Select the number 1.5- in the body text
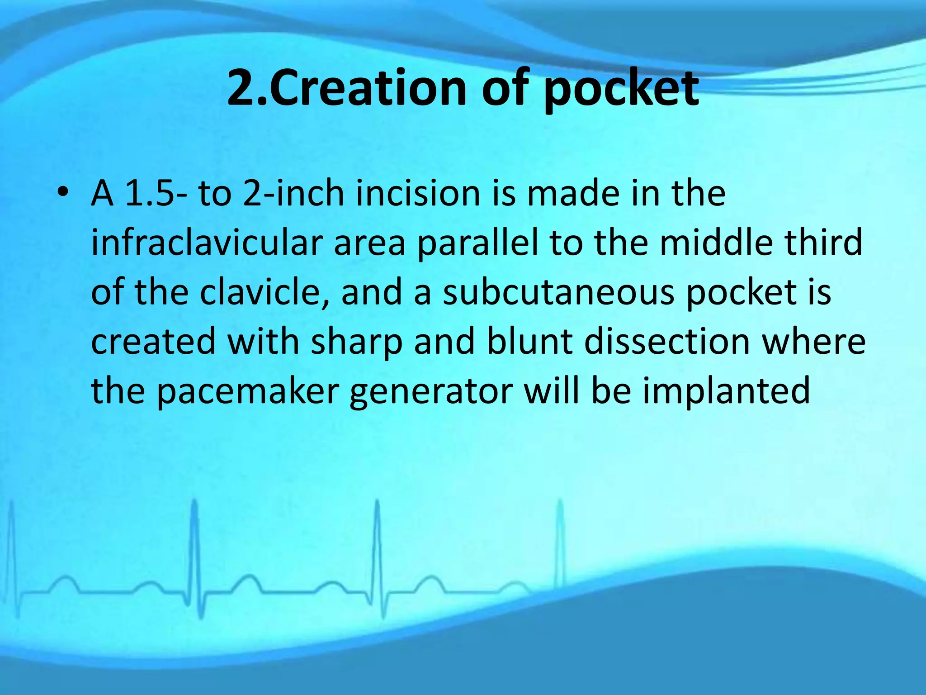(x=150, y=194)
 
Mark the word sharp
(x=357, y=343)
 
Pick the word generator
(x=431, y=392)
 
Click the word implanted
(x=726, y=392)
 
